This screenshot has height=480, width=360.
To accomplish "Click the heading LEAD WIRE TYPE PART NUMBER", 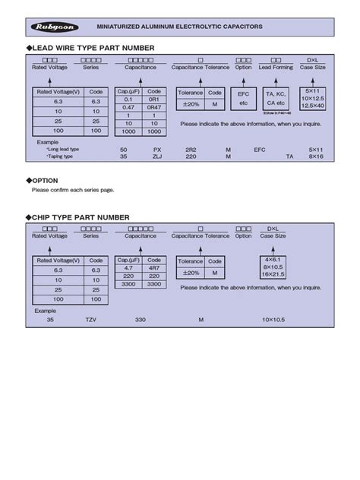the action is click(96, 48).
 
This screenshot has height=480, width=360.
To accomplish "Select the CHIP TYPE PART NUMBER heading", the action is click(87, 217).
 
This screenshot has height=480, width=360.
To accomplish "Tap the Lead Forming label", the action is click(275, 66).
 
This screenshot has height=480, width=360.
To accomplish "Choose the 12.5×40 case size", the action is click(314, 106).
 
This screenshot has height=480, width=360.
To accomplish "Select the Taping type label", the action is click(61, 158).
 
